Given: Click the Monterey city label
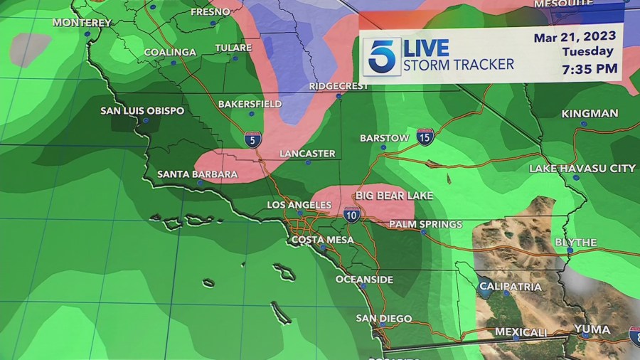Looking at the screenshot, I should click(x=82, y=23).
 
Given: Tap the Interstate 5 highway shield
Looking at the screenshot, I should click(x=251, y=139).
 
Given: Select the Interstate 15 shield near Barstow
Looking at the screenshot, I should click(x=425, y=137).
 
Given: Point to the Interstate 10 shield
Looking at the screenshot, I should click(x=351, y=214).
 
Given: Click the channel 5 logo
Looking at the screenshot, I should click(x=382, y=56).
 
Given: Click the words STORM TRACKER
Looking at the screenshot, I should click(x=458, y=65).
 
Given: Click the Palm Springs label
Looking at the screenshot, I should click(x=425, y=224).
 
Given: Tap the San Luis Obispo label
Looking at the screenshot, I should click(x=142, y=111).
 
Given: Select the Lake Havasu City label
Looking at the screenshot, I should click(x=582, y=169).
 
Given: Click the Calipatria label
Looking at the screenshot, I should click(x=510, y=287).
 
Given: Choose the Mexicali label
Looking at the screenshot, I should click(x=521, y=332).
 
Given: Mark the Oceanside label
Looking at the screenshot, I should click(x=364, y=280).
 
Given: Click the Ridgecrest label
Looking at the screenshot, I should click(x=338, y=86).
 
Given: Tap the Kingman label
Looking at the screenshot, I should click(x=590, y=114).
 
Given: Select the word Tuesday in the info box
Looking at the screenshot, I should click(x=587, y=51).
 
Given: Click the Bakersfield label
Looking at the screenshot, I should click(x=245, y=104).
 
